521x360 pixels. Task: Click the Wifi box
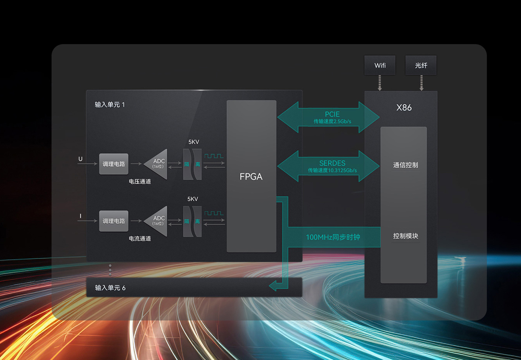click(x=380, y=65)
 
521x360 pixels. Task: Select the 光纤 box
click(x=421, y=65)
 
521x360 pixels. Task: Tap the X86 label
click(x=404, y=108)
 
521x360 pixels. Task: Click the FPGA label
click(x=251, y=177)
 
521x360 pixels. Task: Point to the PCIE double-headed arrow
click(x=328, y=117)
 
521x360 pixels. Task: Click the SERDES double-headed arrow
click(x=328, y=166)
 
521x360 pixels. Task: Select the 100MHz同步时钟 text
click(x=333, y=237)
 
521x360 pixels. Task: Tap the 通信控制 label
click(x=405, y=165)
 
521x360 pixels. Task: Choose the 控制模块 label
click(x=405, y=236)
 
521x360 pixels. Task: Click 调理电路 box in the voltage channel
click(x=114, y=164)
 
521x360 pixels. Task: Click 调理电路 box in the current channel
click(x=114, y=221)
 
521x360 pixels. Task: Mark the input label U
click(x=81, y=159)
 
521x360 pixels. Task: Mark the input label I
click(x=81, y=216)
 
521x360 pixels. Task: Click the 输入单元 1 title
click(x=110, y=105)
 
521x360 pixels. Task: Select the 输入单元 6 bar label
click(x=110, y=288)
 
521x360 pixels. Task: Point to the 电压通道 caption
click(x=140, y=181)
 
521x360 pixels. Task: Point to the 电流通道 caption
click(x=140, y=239)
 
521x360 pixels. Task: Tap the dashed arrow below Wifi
click(x=380, y=83)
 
